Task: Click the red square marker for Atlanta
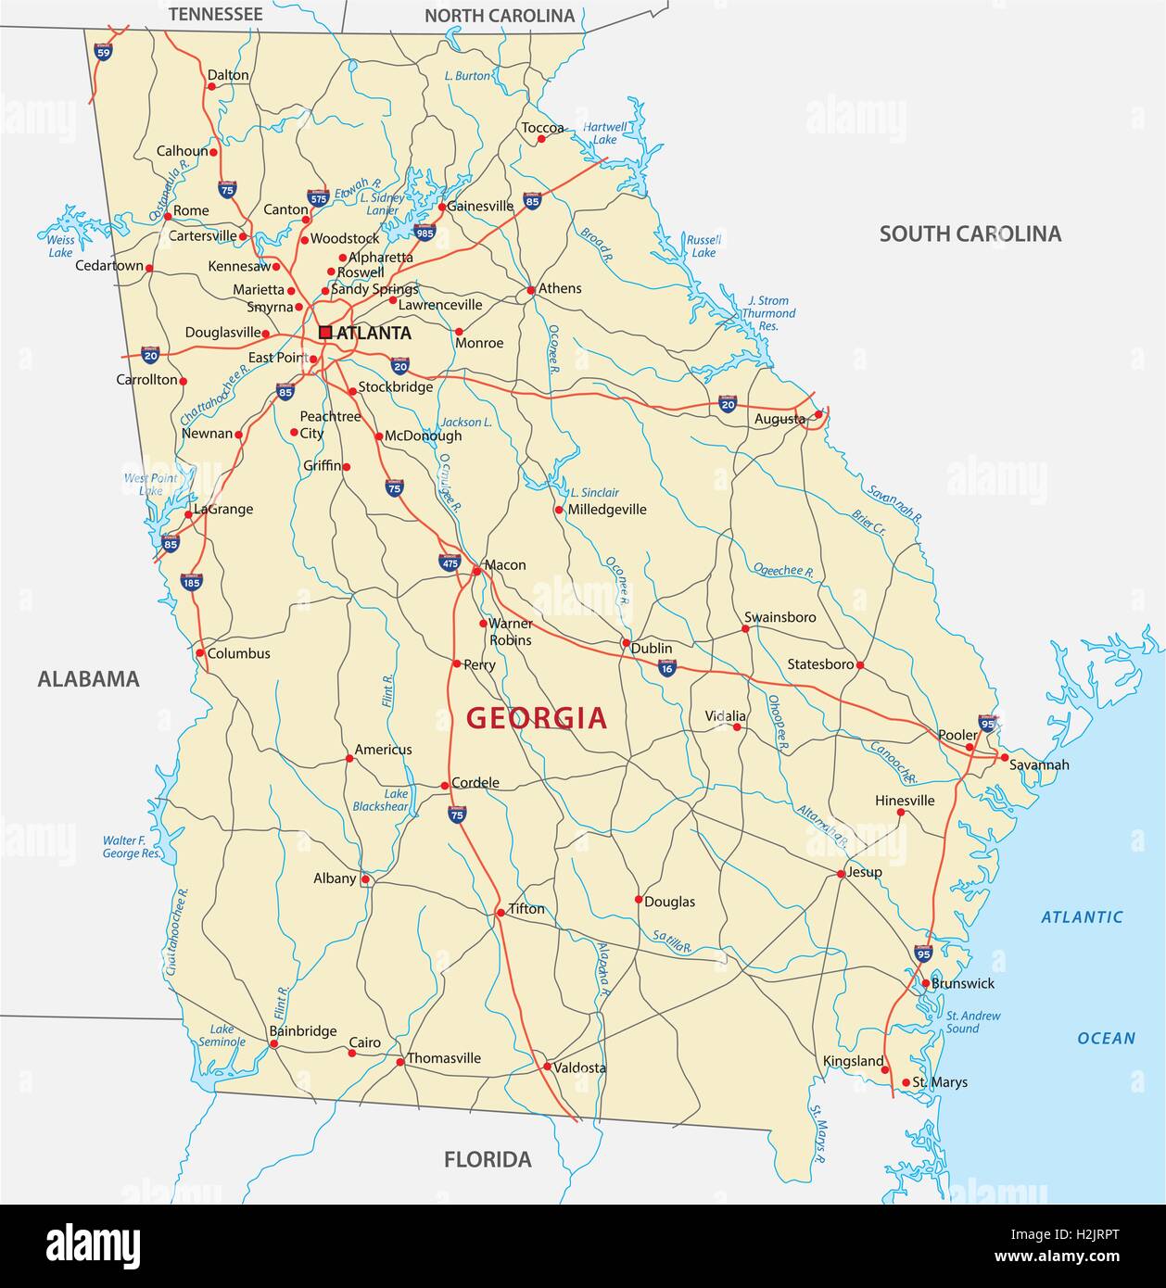[x=325, y=332]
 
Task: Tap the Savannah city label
[x=1039, y=764]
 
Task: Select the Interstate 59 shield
[x=102, y=53]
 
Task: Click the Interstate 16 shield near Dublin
[x=667, y=668]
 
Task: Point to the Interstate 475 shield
[x=450, y=562]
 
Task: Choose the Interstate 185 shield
[x=191, y=582]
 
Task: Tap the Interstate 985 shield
[x=425, y=232]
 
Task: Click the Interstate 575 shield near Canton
[x=318, y=197]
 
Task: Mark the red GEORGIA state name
[x=537, y=717]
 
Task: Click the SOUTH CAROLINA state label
[x=970, y=234]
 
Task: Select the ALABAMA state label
[x=88, y=678]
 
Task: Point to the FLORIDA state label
[x=488, y=1158]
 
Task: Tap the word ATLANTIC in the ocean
[x=1082, y=917]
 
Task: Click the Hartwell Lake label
[x=604, y=133]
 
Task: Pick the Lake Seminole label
[x=222, y=1035]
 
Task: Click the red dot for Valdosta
[x=547, y=1067]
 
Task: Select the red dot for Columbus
[x=200, y=652]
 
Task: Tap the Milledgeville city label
[x=607, y=509]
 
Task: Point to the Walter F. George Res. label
[x=132, y=847]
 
